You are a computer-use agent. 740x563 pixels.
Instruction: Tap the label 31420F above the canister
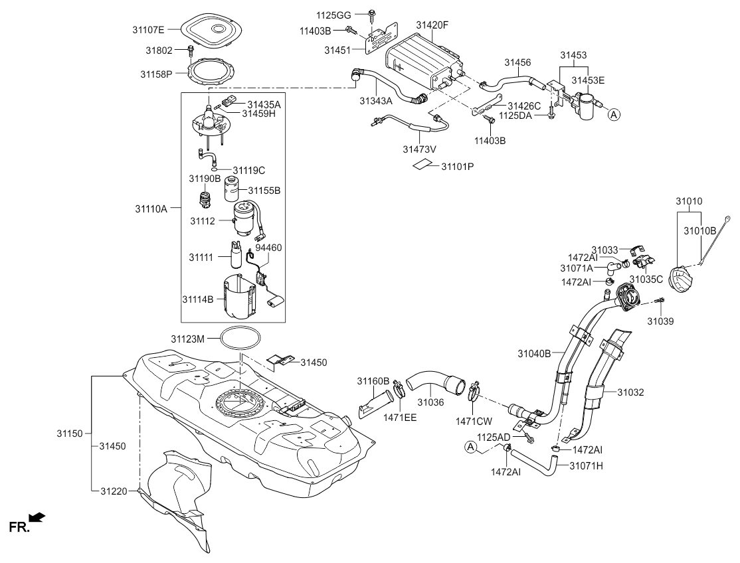coord(432,25)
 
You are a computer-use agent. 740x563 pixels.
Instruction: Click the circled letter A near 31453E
coord(614,114)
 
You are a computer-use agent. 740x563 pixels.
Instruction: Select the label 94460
coord(269,247)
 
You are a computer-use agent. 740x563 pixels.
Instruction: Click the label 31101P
coord(458,166)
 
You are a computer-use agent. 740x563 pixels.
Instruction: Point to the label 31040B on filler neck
coord(535,354)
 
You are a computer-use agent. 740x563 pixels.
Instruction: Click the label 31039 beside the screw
coord(661,321)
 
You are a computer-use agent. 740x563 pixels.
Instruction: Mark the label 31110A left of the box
coord(151,208)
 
